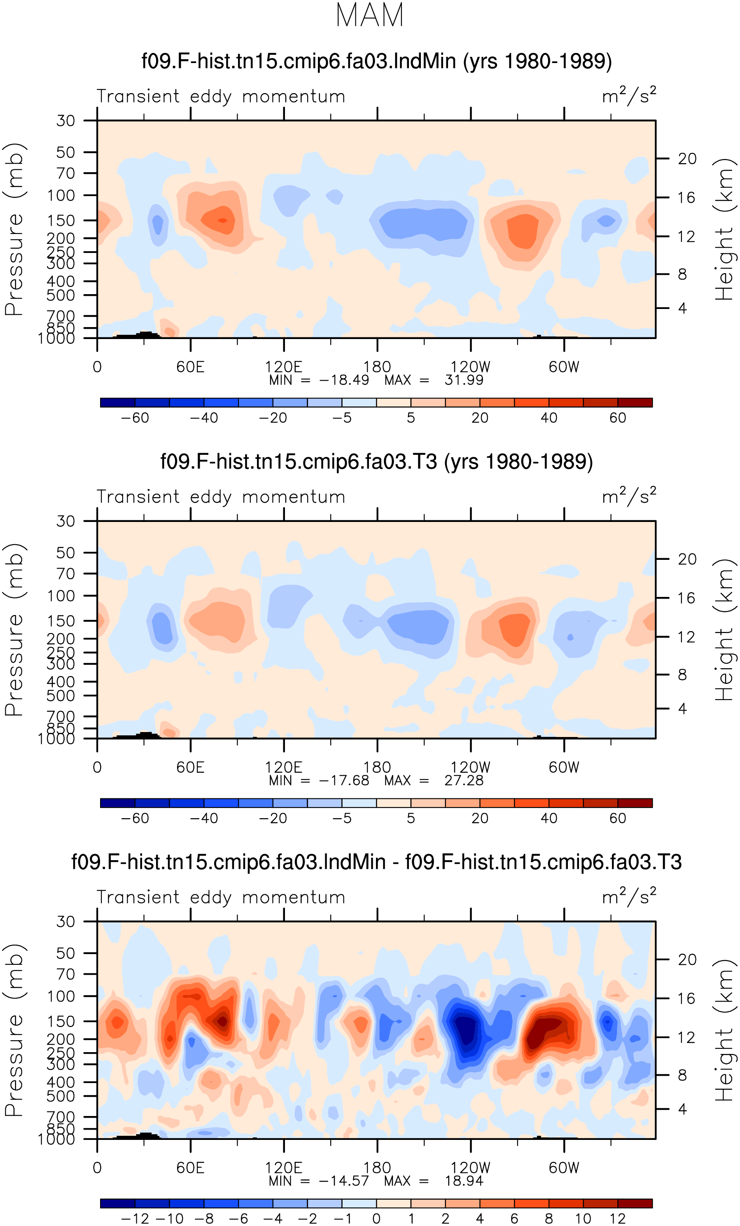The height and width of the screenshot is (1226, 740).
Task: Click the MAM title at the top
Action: click(x=369, y=15)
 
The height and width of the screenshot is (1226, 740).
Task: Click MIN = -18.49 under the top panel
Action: click(x=319, y=380)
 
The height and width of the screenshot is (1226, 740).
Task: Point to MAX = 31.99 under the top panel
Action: click(x=434, y=380)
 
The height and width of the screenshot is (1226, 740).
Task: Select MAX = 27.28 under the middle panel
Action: click(x=434, y=780)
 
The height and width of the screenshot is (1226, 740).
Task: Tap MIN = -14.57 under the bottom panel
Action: click(x=319, y=1181)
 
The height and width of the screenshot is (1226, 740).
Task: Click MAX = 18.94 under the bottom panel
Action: click(x=434, y=1181)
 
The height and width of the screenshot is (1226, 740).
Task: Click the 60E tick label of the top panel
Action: click(x=191, y=367)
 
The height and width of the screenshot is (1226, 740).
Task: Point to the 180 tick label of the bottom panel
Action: click(x=377, y=1168)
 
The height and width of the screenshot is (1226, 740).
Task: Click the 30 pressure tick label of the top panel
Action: click(x=65, y=120)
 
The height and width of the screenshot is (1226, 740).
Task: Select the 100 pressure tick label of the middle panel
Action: click(x=61, y=596)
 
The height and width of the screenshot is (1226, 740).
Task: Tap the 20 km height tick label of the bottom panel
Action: click(x=687, y=959)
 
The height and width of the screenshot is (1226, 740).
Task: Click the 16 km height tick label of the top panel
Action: click(x=686, y=197)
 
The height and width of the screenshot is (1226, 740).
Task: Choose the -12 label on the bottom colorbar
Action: click(x=135, y=1219)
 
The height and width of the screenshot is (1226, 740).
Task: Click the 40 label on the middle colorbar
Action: click(x=549, y=818)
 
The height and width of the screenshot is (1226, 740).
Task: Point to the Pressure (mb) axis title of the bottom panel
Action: click(x=14, y=1029)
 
